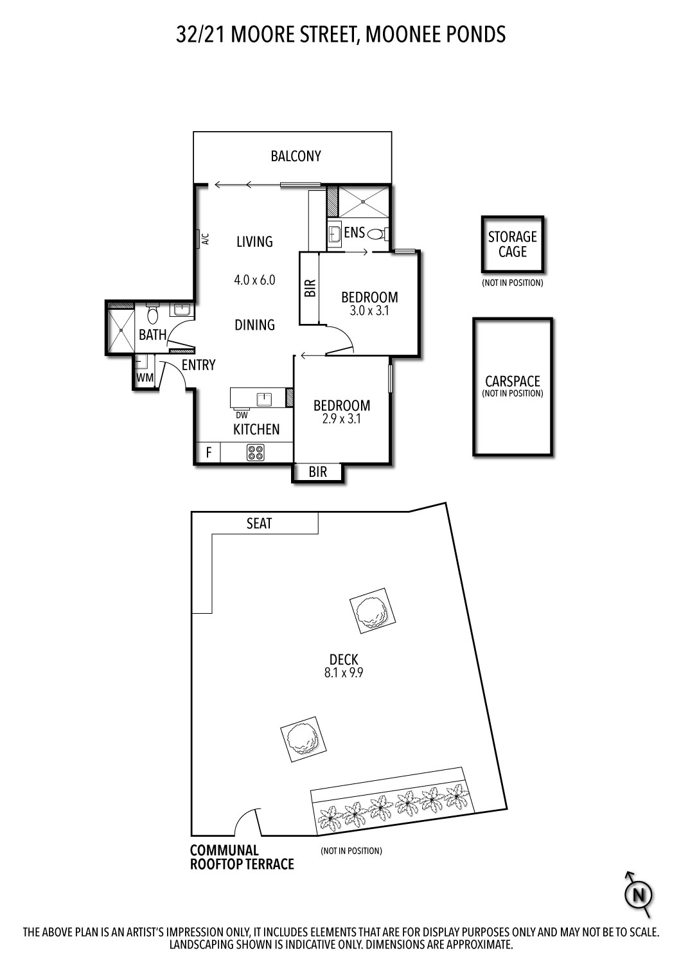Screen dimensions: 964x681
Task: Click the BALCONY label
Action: (x=296, y=156)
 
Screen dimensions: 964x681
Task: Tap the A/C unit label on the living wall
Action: (x=206, y=239)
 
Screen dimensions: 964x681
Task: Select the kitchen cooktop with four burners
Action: (x=255, y=452)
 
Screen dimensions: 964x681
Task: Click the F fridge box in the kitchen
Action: (x=208, y=452)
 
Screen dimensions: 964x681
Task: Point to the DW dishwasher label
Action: (x=242, y=415)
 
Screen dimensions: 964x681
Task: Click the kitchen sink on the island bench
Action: (x=264, y=399)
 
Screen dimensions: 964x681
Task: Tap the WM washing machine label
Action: (x=145, y=378)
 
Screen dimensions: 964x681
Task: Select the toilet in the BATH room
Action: (x=153, y=314)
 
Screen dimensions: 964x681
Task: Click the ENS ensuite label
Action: (x=354, y=233)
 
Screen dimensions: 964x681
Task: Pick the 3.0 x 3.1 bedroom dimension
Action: (x=369, y=310)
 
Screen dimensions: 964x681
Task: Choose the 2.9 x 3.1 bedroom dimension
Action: (x=342, y=418)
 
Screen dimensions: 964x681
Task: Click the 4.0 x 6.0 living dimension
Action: (x=254, y=280)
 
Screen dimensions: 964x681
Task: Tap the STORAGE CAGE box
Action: (x=513, y=245)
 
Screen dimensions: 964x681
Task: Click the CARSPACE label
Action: (x=512, y=382)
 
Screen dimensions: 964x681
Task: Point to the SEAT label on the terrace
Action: (x=260, y=524)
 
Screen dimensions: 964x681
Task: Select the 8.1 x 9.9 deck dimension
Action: (x=344, y=674)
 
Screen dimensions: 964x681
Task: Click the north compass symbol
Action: (x=639, y=894)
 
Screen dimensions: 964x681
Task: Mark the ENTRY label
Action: (x=199, y=365)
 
